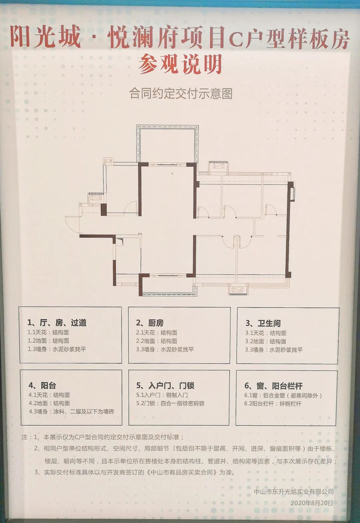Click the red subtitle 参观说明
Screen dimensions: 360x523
click(x=180, y=64)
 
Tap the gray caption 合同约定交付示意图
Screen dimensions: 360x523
click(x=181, y=94)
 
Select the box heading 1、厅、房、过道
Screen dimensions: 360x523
click(x=57, y=323)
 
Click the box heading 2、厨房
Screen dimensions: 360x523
click(x=150, y=323)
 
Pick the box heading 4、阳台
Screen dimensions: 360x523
click(x=42, y=386)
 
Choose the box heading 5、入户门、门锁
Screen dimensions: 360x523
click(x=165, y=386)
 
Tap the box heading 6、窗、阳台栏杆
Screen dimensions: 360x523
click(x=273, y=386)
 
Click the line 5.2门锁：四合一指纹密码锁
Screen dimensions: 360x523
click(x=170, y=403)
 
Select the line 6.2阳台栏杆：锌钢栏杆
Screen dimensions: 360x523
click(x=273, y=404)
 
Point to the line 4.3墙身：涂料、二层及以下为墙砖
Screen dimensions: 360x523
click(x=71, y=412)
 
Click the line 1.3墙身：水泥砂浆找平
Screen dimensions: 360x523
click(x=57, y=349)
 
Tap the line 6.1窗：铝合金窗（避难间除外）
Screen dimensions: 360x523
click(x=283, y=396)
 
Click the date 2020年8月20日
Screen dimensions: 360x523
click(x=311, y=503)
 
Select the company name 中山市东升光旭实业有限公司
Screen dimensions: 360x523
click(x=293, y=492)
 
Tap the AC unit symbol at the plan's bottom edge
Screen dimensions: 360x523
click(x=238, y=289)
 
